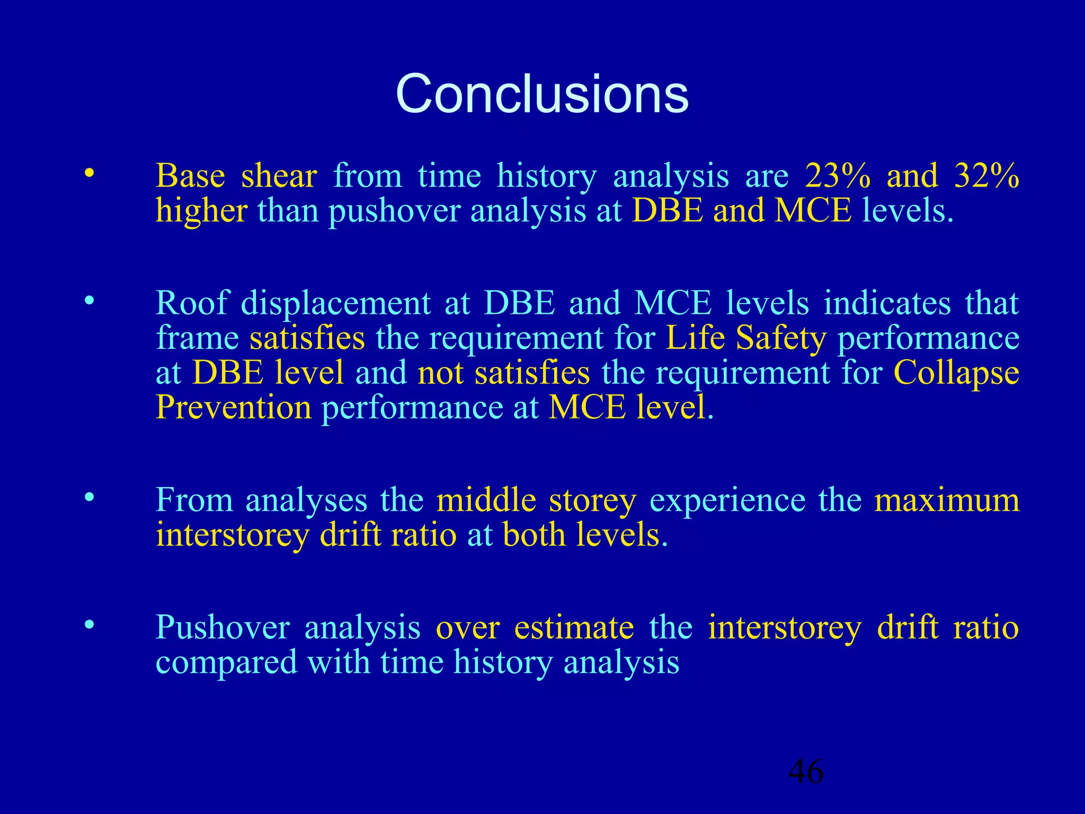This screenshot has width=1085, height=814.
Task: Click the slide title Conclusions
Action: pyautogui.click(x=542, y=94)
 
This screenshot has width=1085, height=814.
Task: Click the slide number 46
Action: pyautogui.click(x=806, y=771)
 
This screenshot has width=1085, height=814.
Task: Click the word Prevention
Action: pyautogui.click(x=234, y=408)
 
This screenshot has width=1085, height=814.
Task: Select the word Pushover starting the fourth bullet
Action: pyautogui.click(x=223, y=627)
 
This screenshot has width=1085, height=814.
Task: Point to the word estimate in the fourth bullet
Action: pyautogui.click(x=574, y=627)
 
